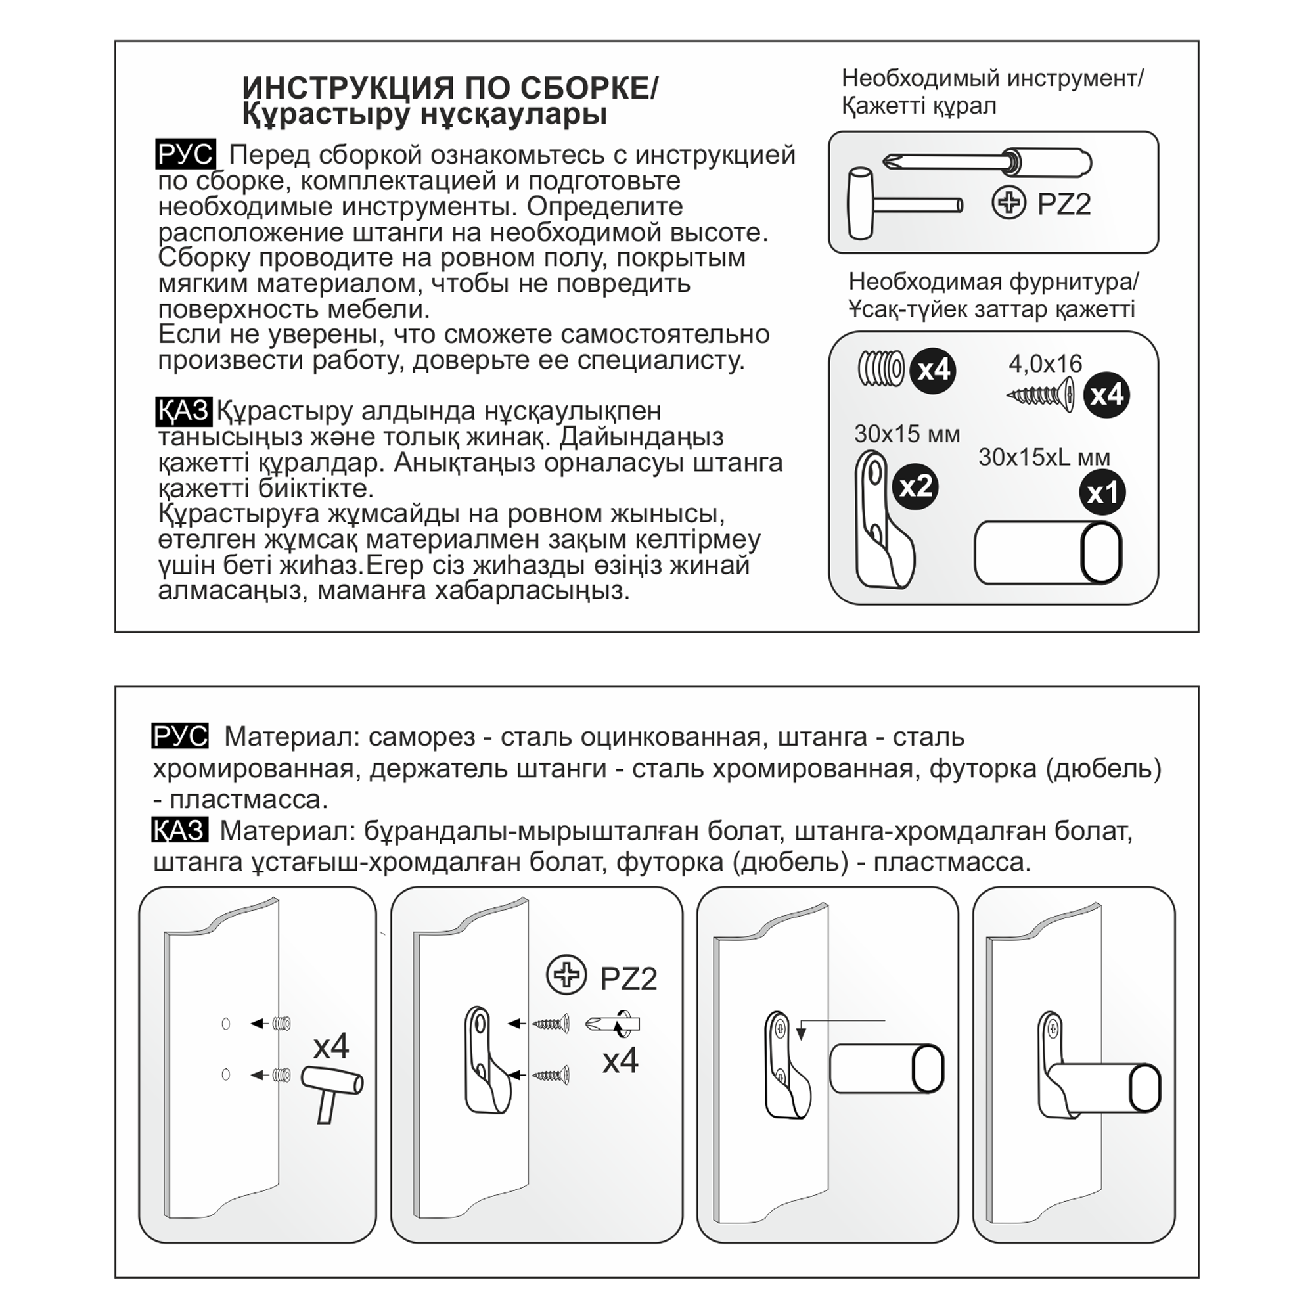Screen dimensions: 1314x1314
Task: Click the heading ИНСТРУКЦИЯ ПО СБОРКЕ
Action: [449, 89]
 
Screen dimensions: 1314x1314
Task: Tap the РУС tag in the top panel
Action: [185, 154]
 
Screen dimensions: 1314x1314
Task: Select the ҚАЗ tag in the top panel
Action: [184, 411]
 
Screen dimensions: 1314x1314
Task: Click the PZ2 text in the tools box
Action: [1064, 204]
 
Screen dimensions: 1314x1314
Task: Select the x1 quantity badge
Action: [1102, 492]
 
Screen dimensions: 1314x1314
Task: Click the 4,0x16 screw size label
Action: [1045, 364]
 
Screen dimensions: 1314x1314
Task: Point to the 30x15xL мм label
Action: [1044, 457]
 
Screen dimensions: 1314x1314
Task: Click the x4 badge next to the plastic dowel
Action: [933, 370]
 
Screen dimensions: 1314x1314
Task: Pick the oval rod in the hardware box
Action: [1047, 553]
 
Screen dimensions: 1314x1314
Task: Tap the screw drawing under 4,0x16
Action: [1041, 394]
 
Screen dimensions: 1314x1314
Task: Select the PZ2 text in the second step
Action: [629, 980]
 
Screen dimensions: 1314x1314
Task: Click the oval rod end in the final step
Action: [1144, 1088]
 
